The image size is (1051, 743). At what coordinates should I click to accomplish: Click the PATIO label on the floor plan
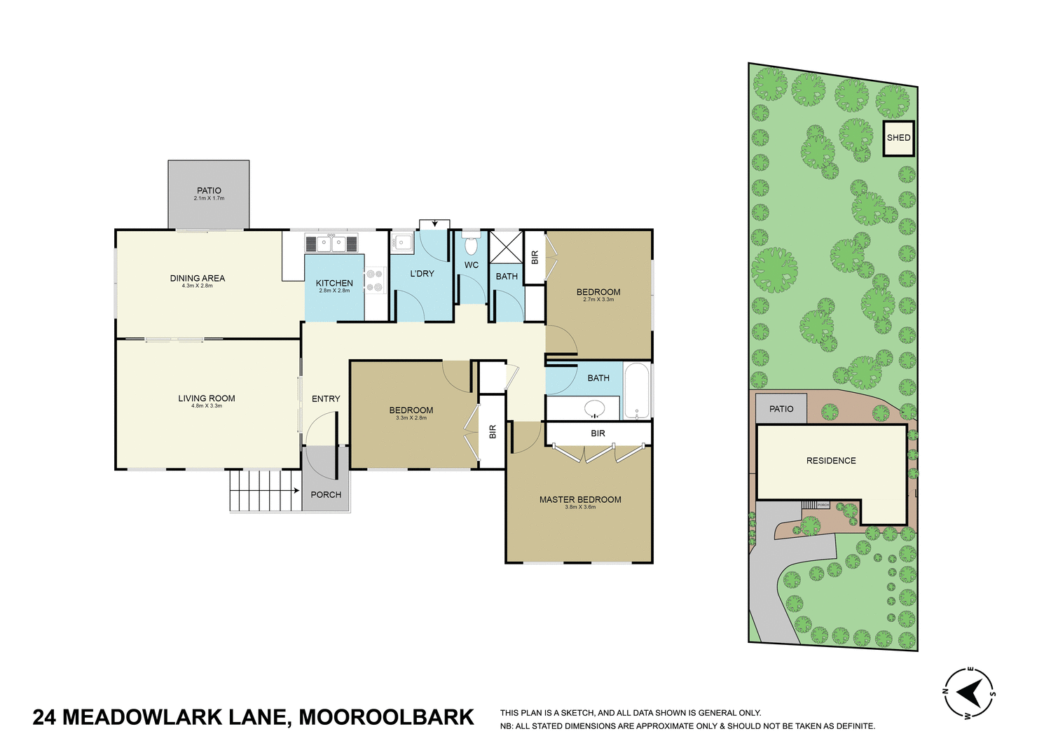click(209, 190)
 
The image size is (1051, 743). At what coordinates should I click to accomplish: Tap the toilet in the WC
click(471, 246)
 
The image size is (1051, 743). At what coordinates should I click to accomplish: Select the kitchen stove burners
click(375, 280)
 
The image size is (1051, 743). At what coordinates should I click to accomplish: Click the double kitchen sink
click(331, 244)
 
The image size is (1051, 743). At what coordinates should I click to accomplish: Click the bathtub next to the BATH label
click(636, 390)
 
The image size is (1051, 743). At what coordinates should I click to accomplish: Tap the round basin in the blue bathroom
click(595, 408)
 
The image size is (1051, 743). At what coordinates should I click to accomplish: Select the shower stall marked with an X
click(505, 246)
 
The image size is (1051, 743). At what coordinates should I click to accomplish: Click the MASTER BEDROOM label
click(580, 499)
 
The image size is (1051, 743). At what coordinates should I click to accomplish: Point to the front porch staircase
click(264, 490)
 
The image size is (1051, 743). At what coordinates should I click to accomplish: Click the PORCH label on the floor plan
click(326, 494)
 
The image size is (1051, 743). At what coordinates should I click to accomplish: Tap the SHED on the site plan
click(898, 138)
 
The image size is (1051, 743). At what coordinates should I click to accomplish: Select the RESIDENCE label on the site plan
click(831, 461)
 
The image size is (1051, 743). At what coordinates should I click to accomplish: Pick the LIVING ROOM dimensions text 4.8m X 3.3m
click(207, 406)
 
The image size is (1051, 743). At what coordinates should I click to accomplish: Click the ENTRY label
click(326, 398)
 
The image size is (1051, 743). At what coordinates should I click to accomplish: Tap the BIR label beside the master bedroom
click(598, 433)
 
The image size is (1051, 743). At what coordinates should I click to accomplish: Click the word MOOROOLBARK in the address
click(386, 718)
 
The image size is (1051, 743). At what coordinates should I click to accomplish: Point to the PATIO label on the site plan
click(781, 409)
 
